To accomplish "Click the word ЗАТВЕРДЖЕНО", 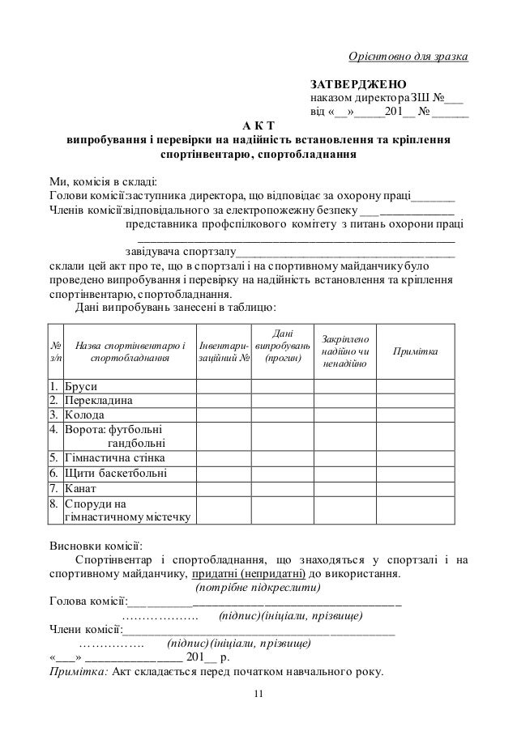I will click(x=360, y=84).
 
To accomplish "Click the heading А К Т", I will click(x=258, y=125).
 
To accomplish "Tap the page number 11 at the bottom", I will click(x=258, y=694).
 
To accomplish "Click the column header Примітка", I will click(x=416, y=352).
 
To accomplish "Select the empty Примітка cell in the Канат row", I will click(x=416, y=488).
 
